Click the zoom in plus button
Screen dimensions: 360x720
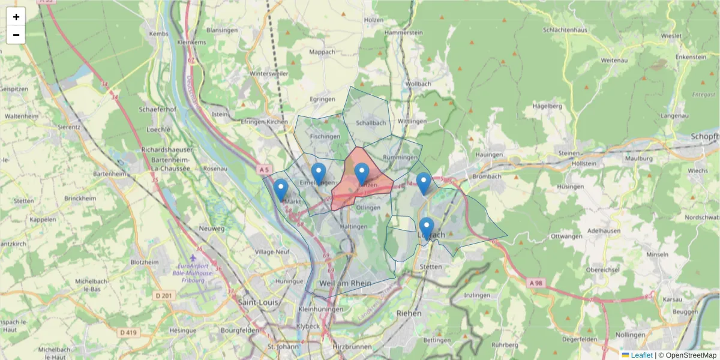tap(16, 17)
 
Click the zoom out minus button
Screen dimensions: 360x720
tap(16, 35)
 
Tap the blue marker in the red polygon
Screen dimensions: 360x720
tap(361, 174)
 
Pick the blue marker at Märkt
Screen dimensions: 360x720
tap(280, 190)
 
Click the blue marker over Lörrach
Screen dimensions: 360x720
tap(427, 229)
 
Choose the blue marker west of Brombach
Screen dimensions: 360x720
tap(424, 183)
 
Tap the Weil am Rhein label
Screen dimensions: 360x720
tap(346, 283)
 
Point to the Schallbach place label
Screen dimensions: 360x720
tap(371, 123)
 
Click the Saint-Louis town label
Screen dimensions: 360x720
tap(258, 302)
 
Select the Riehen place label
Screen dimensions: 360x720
tap(409, 313)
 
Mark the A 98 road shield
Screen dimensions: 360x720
tap(536, 283)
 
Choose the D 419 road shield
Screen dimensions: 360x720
tap(129, 332)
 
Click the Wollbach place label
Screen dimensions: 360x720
tap(418, 84)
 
